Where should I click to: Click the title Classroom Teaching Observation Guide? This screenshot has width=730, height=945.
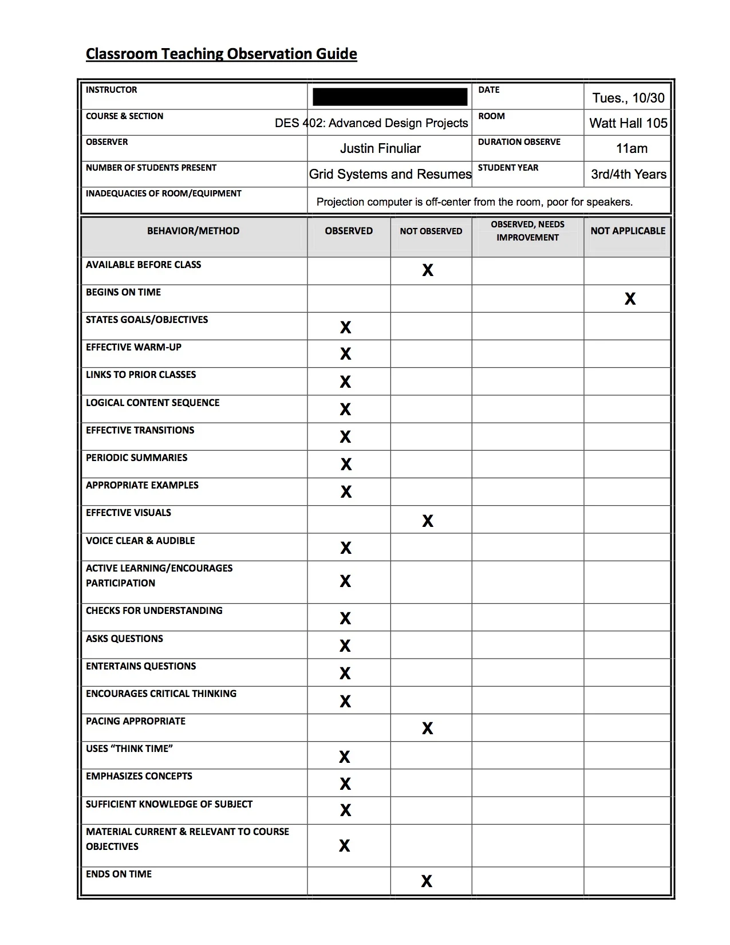coord(221,54)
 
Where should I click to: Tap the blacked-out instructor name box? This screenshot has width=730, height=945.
coord(390,97)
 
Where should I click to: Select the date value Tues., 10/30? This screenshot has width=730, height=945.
coord(628,98)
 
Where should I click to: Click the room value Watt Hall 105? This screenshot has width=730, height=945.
coord(628,123)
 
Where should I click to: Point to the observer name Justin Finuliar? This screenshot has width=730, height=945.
coord(380,149)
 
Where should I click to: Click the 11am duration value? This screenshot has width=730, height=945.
coord(632,149)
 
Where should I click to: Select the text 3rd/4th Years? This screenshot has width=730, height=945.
coord(628,174)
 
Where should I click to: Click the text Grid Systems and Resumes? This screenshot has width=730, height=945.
coord(390,174)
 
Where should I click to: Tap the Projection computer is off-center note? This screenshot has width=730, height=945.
coord(474,202)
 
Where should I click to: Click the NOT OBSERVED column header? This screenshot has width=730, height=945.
coord(431,231)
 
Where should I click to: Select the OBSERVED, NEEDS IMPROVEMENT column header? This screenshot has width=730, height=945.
coord(527,231)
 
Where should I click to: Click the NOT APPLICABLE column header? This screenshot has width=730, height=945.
coord(628,231)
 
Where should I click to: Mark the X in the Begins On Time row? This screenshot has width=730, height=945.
coord(630,299)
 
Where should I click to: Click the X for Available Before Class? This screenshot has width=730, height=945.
coord(428,270)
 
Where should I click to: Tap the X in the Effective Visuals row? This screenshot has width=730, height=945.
coord(428,521)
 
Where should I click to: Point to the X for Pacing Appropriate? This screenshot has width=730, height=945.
coord(428,728)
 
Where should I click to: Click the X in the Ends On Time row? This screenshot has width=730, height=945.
coord(427,881)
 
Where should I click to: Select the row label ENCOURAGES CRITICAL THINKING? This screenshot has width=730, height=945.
coord(161,694)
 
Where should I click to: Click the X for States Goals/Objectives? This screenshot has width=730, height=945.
coord(345,327)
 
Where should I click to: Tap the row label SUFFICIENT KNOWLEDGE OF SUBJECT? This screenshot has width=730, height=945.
coord(169,804)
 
